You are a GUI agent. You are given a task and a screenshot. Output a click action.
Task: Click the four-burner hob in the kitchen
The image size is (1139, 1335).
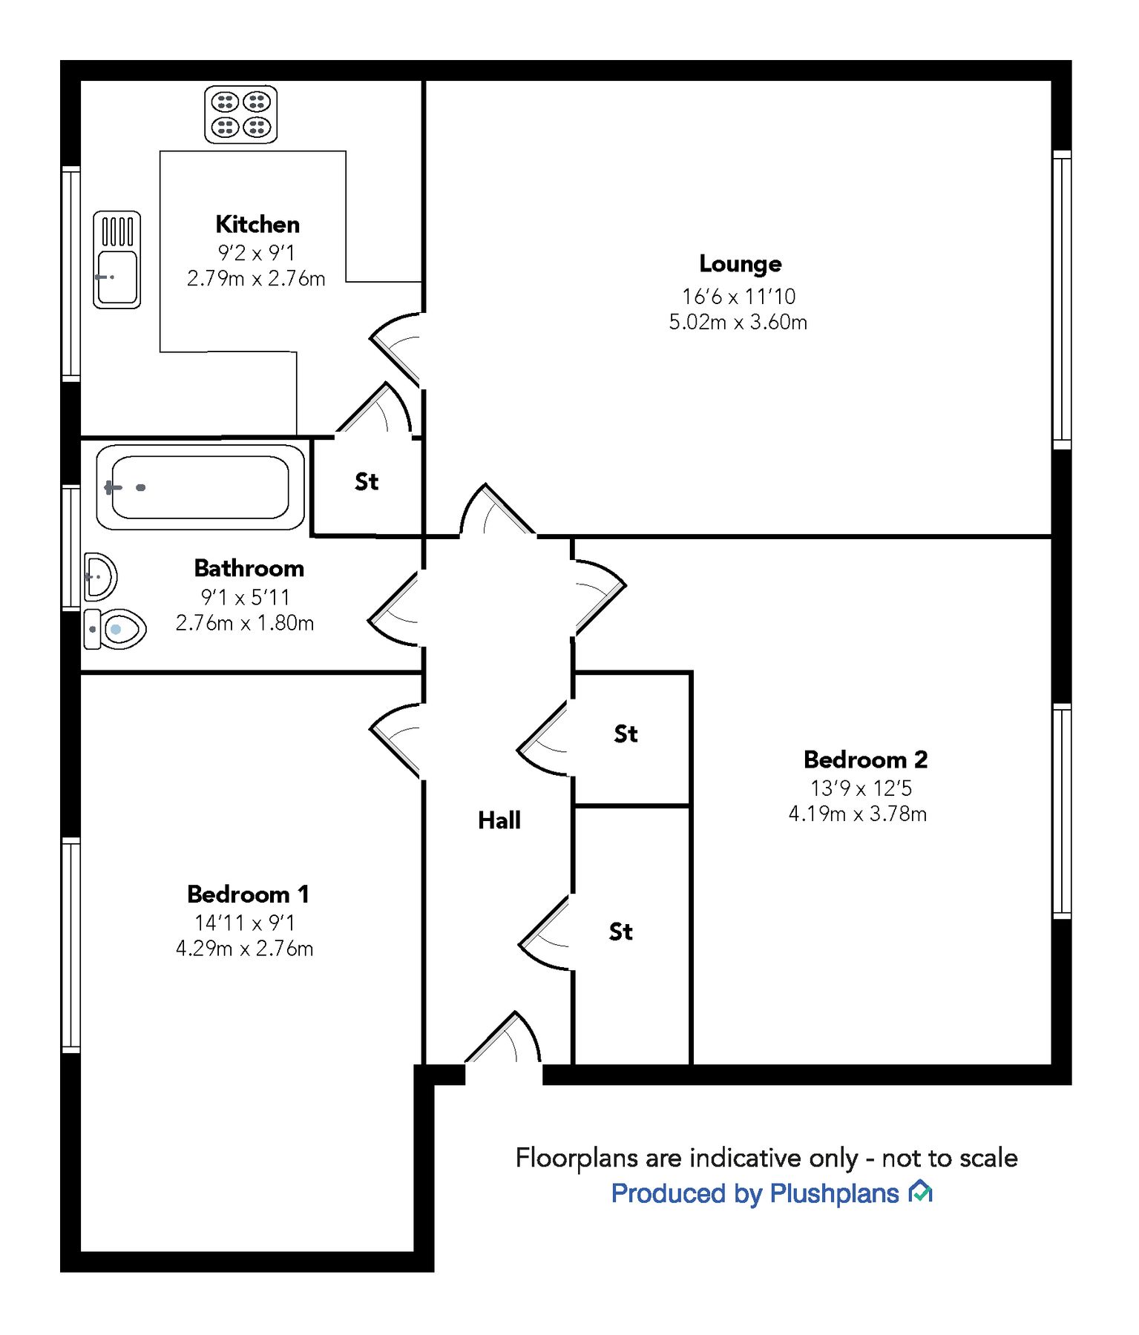click(241, 114)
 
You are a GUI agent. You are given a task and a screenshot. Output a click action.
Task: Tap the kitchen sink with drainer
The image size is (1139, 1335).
click(116, 260)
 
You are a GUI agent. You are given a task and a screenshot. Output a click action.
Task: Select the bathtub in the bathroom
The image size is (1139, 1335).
click(200, 487)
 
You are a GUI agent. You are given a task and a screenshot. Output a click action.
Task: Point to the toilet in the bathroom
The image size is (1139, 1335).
click(115, 629)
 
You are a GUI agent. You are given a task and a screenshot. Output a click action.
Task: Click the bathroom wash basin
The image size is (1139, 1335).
click(100, 576)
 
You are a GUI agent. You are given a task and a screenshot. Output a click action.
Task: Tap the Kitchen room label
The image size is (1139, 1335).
click(257, 224)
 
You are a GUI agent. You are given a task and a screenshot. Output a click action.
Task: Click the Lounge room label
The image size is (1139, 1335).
click(740, 264)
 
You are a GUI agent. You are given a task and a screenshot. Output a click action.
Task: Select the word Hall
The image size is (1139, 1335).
click(499, 820)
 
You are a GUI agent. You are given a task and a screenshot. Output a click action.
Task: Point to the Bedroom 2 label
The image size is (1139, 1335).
click(865, 759)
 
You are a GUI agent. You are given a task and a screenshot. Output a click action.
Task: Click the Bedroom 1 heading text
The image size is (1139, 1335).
click(248, 894)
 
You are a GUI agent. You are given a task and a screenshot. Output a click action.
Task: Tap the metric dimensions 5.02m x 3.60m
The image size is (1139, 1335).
click(738, 323)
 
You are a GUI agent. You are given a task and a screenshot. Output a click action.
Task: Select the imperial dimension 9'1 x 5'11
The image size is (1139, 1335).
click(245, 597)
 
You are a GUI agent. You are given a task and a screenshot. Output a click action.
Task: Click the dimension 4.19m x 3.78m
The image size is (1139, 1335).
click(858, 814)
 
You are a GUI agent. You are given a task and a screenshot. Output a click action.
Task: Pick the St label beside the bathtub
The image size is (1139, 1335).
click(367, 482)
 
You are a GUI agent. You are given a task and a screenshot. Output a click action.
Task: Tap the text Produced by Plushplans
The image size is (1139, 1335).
click(755, 1193)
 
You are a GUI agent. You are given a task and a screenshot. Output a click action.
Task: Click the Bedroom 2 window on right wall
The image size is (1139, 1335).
click(1062, 811)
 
